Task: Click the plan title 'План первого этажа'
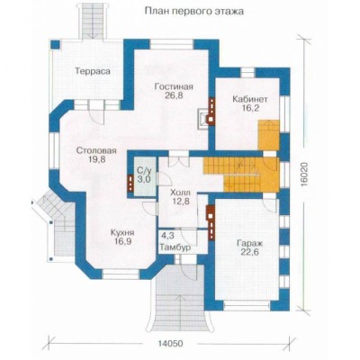click(194, 12)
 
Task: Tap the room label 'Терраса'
click(93, 72)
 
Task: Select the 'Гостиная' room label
click(174, 87)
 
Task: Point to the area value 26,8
click(174, 95)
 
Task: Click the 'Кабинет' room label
click(250, 99)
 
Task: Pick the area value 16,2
click(250, 108)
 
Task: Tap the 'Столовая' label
click(96, 150)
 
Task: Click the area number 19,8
click(96, 159)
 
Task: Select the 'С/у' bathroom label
click(144, 171)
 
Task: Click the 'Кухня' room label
click(122, 232)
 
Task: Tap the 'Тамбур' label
click(175, 247)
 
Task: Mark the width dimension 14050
click(170, 343)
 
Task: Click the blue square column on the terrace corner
click(55, 45)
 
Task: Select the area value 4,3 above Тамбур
click(167, 236)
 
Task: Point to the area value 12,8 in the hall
click(180, 202)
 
